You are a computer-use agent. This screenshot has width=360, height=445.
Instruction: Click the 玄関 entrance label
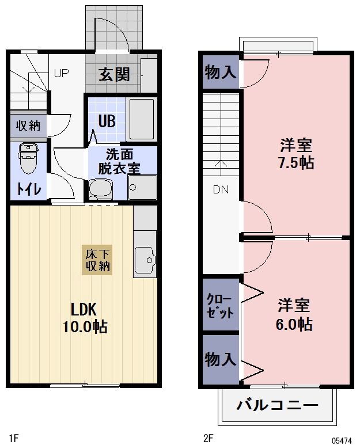point(114,74)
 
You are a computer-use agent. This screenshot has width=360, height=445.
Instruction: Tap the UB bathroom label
point(107,121)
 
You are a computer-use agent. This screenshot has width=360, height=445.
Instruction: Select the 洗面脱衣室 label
point(119,161)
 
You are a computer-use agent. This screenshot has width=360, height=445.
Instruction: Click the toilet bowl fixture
point(27,159)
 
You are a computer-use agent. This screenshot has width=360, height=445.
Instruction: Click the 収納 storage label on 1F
point(28,125)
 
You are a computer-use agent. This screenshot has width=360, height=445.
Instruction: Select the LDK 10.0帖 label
point(85,317)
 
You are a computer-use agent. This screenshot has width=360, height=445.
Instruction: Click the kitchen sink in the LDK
point(145,260)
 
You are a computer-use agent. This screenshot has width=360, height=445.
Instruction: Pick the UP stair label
point(62,73)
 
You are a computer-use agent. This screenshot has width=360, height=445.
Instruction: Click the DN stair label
point(221,189)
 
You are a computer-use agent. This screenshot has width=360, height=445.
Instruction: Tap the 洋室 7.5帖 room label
point(296,153)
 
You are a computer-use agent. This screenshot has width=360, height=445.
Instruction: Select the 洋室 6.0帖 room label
point(294,314)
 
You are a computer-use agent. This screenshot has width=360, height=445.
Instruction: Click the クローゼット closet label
point(221,306)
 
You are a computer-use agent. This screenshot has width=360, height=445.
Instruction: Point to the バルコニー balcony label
point(277,404)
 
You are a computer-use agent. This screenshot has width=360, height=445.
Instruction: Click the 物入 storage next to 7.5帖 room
point(221,73)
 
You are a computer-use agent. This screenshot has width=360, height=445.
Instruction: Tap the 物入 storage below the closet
point(221,360)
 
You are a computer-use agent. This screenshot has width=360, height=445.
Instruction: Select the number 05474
point(342,440)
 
